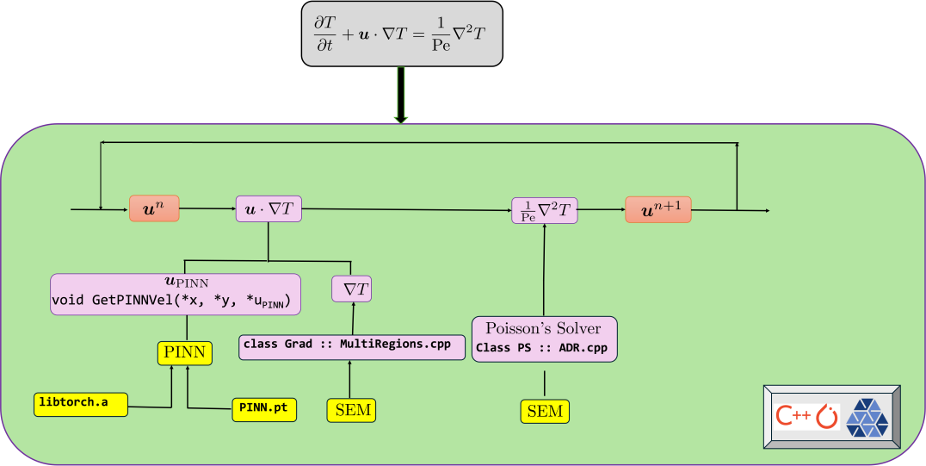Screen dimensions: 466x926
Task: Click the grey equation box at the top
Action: tap(401, 33)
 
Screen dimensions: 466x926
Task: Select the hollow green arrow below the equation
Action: tap(401, 95)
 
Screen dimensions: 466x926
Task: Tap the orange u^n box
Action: tap(154, 208)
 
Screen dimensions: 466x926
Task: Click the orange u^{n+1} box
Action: tap(658, 209)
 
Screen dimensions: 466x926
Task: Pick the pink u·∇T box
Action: tap(268, 209)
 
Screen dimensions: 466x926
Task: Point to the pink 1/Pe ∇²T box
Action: tap(545, 210)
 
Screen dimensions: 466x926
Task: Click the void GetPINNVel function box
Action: tap(176, 294)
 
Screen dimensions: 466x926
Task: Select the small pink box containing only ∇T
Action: tap(351, 289)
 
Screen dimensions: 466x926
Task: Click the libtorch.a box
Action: tap(81, 404)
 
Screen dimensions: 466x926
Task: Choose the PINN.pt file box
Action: tap(264, 408)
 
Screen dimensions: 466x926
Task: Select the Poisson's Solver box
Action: tap(544, 339)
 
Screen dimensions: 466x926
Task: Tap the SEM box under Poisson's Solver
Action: tap(545, 411)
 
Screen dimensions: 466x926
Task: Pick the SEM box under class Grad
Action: tap(352, 410)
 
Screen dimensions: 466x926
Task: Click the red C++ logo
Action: tap(792, 416)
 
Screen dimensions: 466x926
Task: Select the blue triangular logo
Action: tap(867, 416)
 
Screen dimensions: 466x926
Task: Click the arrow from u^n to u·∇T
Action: tap(207, 208)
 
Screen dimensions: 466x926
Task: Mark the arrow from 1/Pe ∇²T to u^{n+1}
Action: tap(601, 209)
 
